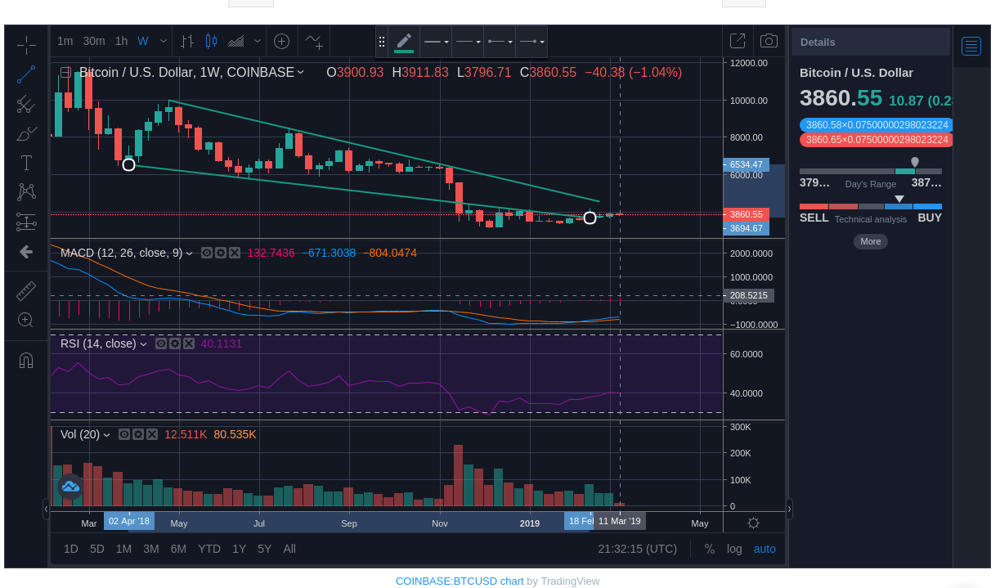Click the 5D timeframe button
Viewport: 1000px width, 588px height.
coord(97,549)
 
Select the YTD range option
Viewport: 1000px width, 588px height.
coord(209,549)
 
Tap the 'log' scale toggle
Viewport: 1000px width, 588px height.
coord(734,549)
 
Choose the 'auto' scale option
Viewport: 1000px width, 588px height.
coord(765,549)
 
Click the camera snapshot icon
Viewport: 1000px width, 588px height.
coord(769,41)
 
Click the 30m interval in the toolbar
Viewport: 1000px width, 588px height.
coord(94,41)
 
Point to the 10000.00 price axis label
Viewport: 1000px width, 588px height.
coord(749,101)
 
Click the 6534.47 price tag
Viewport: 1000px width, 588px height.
coord(746,164)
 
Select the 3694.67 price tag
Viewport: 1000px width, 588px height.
coord(746,228)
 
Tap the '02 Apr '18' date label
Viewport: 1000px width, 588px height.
coord(129,521)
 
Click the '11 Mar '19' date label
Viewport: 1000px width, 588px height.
coord(619,521)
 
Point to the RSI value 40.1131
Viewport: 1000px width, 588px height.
coord(221,343)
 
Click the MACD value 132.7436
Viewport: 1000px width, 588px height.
coord(271,253)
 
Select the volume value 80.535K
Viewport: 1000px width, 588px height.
coord(235,434)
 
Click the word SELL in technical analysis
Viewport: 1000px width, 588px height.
coord(814,218)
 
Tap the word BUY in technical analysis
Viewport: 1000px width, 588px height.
coord(930,218)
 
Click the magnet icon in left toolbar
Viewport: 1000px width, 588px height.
coord(26,360)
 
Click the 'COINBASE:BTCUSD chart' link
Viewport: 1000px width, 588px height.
coord(460,581)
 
